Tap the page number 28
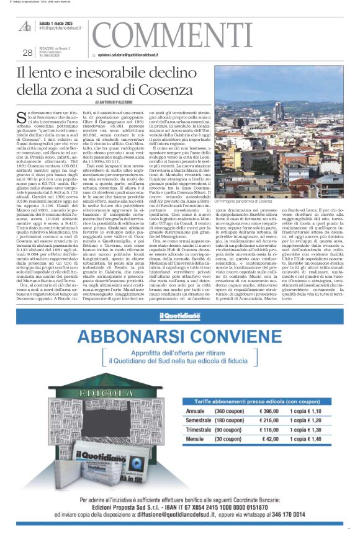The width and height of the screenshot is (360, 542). (x=27, y=53)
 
